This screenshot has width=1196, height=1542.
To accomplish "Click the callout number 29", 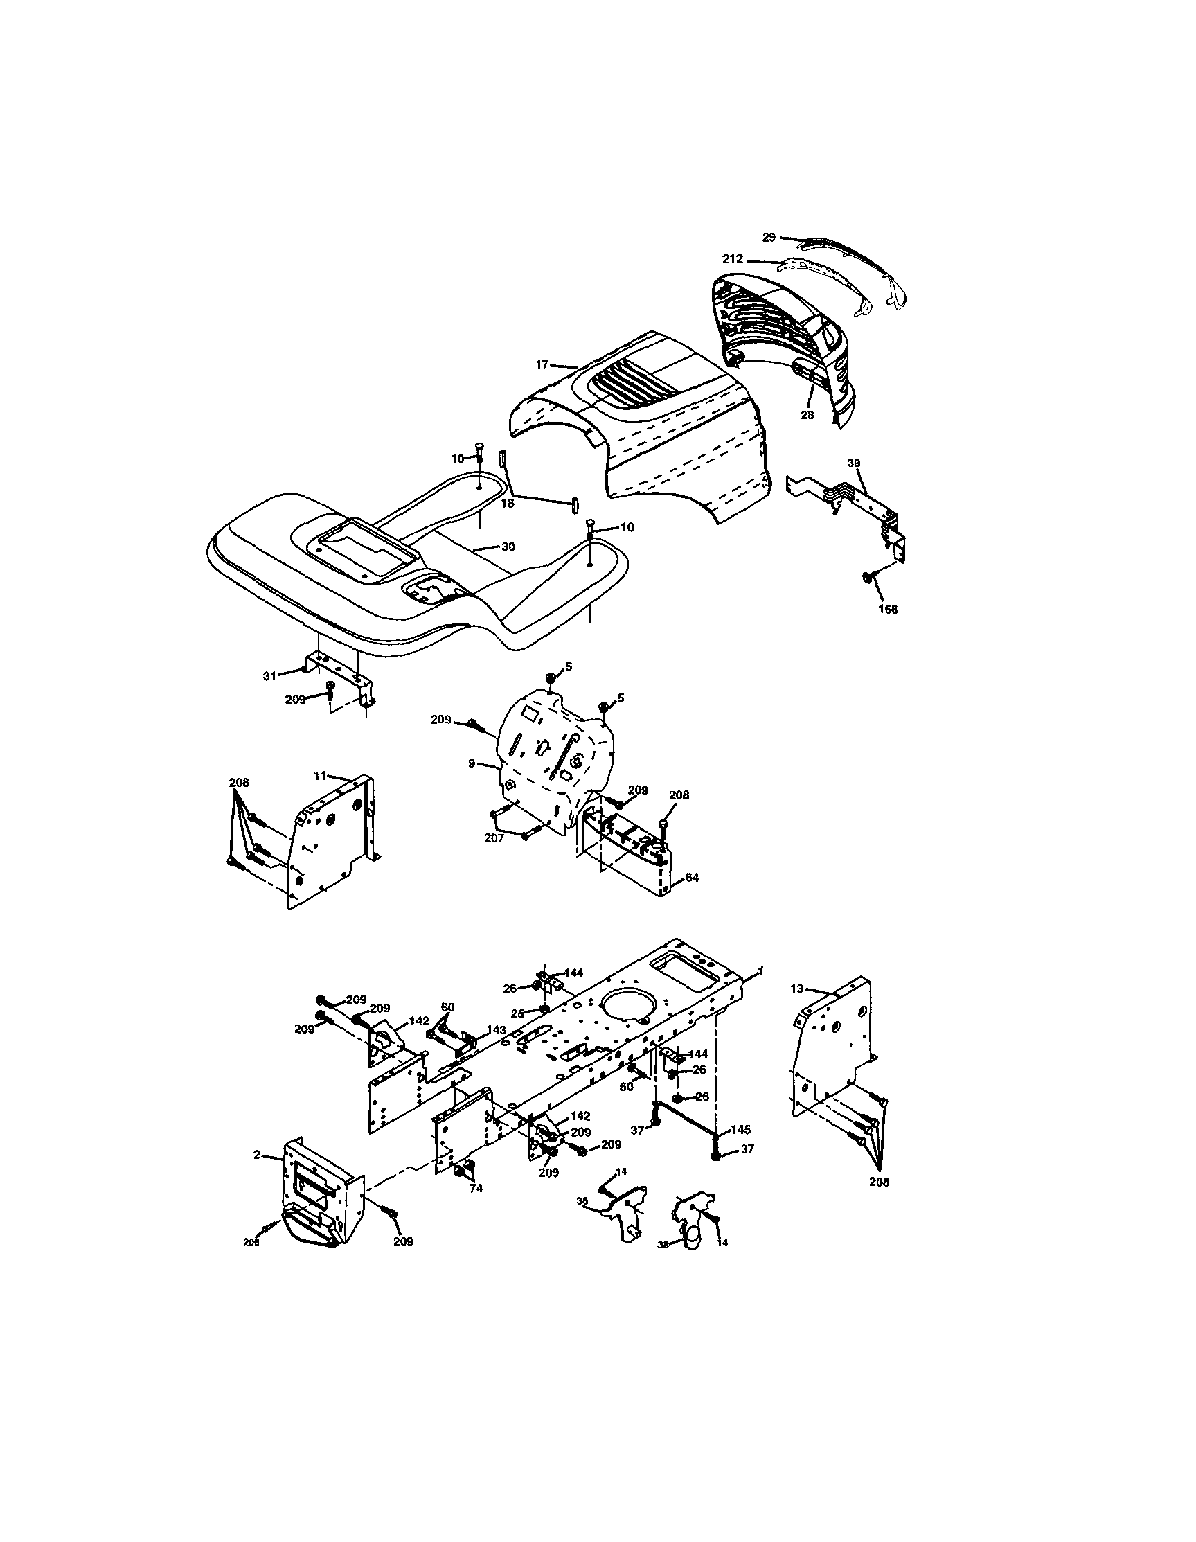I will click(x=769, y=238).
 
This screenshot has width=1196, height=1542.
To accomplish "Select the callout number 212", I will click(x=732, y=259).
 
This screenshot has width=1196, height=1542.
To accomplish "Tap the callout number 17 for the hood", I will click(x=542, y=364).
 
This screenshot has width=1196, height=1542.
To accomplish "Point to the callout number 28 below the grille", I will click(x=807, y=415).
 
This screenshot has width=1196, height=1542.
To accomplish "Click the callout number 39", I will click(x=854, y=463).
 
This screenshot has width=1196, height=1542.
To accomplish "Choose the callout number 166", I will click(x=887, y=610).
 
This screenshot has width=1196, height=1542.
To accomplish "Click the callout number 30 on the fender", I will click(x=508, y=547).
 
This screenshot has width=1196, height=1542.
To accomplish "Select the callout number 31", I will click(x=269, y=675).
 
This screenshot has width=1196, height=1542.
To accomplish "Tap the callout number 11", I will click(x=320, y=776).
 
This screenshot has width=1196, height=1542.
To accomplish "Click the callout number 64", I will click(x=691, y=878).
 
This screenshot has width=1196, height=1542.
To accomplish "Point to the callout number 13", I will click(x=796, y=989).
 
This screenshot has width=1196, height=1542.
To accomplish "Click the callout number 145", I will click(x=740, y=1130).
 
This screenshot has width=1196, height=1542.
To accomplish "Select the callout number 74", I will click(x=476, y=1189).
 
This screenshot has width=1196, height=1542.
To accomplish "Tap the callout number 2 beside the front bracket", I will click(x=256, y=1154).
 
